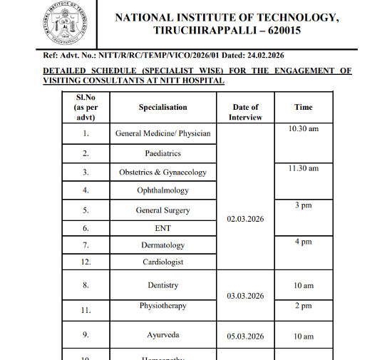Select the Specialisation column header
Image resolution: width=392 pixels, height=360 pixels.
163,107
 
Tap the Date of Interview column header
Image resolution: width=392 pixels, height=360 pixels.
244,112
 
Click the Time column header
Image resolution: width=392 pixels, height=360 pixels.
303,107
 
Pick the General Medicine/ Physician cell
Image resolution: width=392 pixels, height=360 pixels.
163,133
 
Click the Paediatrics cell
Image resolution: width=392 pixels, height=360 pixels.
163,153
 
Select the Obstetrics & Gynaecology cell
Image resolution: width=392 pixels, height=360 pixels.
163,173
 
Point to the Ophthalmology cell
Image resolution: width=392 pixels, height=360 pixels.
163,190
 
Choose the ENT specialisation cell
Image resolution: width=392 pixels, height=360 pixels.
163,228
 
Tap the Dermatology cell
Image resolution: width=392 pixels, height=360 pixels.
163,245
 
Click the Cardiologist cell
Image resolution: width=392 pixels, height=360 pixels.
163,262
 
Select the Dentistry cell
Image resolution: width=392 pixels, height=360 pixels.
163,285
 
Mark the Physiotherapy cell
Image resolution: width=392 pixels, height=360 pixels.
163,306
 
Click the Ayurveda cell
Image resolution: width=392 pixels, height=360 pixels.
163,335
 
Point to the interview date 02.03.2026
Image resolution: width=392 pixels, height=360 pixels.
244,219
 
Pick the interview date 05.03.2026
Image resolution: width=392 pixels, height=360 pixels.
244,335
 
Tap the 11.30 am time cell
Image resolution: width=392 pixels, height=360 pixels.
304,169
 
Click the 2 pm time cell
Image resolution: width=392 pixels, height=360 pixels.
304,306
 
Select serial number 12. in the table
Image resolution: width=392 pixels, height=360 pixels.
86,262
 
